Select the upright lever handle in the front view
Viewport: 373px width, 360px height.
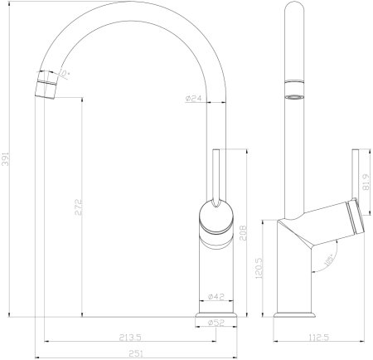click(x=216, y=178)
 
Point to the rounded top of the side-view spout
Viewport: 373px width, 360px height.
click(x=294, y=10)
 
